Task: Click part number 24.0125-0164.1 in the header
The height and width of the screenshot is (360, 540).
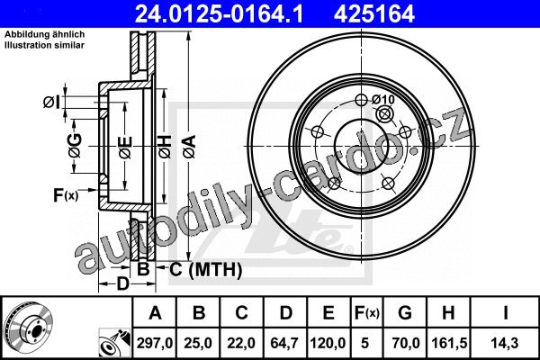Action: (219, 13)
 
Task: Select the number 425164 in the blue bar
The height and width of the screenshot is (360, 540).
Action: (374, 13)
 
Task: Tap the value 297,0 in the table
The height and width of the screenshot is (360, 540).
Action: (155, 343)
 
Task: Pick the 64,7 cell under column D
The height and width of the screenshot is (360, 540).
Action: (284, 343)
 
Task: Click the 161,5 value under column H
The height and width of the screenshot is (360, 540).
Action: (449, 343)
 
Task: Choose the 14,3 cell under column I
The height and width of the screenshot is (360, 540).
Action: (505, 343)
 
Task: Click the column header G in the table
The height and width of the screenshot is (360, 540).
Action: (405, 313)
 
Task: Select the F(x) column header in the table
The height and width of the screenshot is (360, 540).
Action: (367, 313)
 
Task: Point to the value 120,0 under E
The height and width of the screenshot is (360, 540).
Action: (328, 343)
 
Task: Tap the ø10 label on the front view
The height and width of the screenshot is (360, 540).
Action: (383, 100)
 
